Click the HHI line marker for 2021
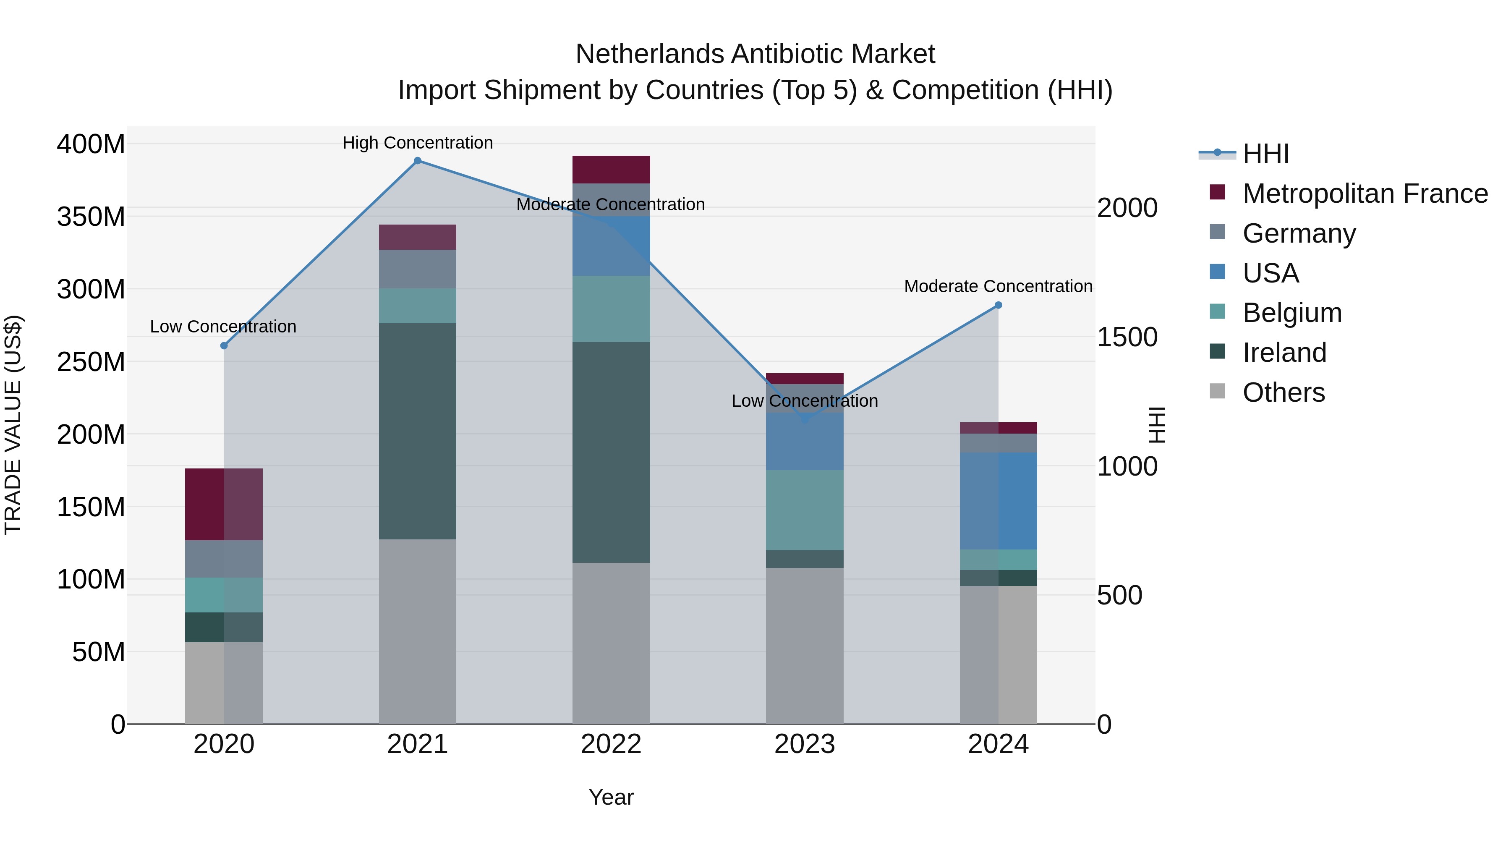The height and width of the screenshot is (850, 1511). pos(418,161)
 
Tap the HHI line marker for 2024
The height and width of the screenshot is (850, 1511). pos(999,305)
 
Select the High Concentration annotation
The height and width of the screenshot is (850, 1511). pos(418,143)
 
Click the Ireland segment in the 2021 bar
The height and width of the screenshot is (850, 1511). pos(418,431)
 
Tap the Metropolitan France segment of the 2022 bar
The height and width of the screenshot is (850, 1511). pos(611,170)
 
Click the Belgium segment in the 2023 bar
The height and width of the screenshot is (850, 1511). pos(805,510)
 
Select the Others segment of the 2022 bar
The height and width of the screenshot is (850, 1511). pos(611,643)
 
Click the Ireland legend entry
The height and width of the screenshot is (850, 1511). pos(1284,353)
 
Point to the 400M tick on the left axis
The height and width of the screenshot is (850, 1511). pos(91,144)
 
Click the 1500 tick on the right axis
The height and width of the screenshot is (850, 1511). pos(1127,337)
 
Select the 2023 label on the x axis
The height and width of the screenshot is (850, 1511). pos(805,744)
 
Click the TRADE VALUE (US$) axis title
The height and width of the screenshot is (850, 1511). pos(13,425)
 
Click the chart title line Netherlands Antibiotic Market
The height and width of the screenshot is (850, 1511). pos(755,54)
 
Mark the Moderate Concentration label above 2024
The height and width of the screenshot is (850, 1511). pos(999,286)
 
